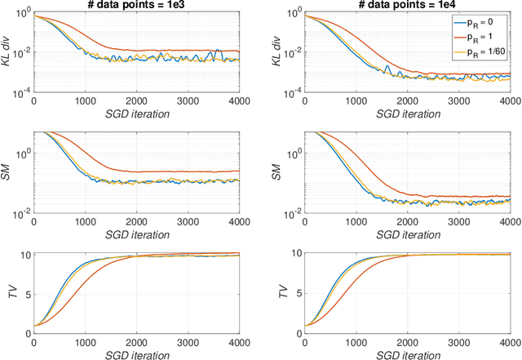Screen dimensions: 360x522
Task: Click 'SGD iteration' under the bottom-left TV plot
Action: click(x=136, y=353)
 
